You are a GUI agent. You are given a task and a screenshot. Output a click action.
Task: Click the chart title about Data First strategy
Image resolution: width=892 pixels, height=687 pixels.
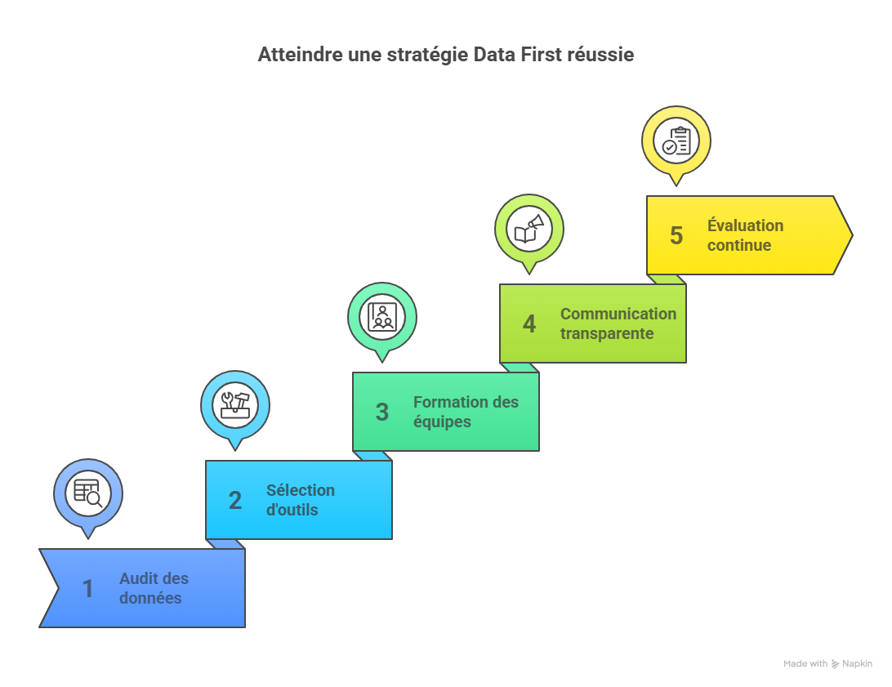(x=446, y=56)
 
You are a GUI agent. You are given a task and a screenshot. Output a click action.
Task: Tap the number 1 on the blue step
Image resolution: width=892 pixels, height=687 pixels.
(x=87, y=589)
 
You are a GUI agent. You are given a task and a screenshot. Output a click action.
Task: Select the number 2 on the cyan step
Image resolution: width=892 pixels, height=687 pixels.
(x=235, y=501)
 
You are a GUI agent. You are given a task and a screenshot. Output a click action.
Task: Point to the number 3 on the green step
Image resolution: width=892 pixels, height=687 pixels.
(x=382, y=413)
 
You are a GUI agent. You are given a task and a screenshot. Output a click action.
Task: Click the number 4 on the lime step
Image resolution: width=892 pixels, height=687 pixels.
(x=529, y=324)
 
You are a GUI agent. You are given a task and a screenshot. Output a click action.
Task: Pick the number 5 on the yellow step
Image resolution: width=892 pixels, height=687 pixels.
(x=676, y=235)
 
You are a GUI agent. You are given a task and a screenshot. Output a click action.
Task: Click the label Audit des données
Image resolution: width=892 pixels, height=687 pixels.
(x=154, y=588)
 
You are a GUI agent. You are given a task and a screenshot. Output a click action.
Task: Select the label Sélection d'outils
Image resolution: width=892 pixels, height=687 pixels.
(x=301, y=500)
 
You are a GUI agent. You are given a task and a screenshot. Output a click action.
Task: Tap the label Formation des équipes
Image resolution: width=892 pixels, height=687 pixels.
(x=466, y=412)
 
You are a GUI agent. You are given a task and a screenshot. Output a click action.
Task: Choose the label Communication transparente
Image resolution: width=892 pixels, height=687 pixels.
(x=618, y=323)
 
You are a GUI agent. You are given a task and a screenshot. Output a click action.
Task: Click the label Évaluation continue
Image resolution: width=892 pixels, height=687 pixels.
(x=745, y=235)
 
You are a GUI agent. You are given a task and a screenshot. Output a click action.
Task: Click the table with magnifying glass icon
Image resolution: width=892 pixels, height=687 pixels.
(x=88, y=493)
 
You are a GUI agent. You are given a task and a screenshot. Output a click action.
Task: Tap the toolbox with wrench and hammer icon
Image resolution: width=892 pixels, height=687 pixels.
(x=235, y=405)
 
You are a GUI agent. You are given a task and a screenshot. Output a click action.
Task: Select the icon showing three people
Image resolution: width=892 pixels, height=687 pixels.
(x=382, y=317)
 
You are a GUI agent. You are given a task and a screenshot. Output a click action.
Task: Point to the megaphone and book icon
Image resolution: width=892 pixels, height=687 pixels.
(x=529, y=229)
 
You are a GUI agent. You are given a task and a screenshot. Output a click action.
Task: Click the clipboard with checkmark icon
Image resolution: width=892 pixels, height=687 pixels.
(x=676, y=141)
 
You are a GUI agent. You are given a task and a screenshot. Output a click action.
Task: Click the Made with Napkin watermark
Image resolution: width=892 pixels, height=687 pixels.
(x=827, y=663)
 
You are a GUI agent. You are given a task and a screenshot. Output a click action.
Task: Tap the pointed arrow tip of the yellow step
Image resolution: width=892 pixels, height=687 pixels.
(x=852, y=235)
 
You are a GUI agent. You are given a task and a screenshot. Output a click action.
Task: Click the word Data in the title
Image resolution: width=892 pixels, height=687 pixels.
(x=494, y=56)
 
